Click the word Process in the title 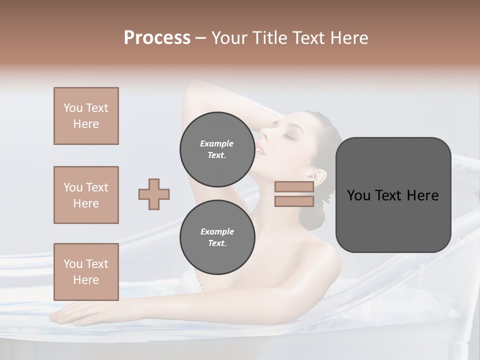[x=157, y=38]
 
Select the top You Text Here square [x=86, y=116]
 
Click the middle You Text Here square [x=86, y=195]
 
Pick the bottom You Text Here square [x=86, y=272]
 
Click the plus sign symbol [x=154, y=194]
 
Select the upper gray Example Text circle [x=217, y=149]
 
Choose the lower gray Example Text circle [x=217, y=237]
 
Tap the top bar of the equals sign [x=294, y=187]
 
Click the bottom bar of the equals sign [x=294, y=201]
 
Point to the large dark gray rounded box [x=393, y=195]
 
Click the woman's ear [x=318, y=177]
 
